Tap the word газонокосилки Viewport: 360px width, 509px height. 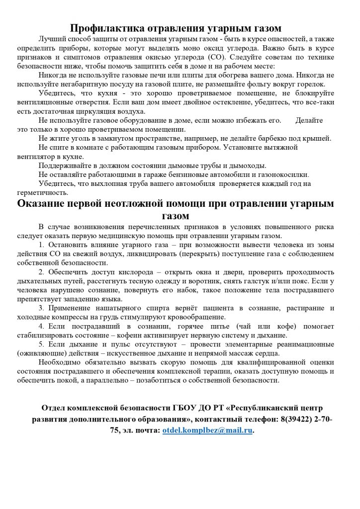283,174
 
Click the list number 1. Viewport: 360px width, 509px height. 41,245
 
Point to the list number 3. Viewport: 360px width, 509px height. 41,308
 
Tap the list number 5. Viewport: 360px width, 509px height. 41,344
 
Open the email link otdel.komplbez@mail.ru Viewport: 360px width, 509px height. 207,431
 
